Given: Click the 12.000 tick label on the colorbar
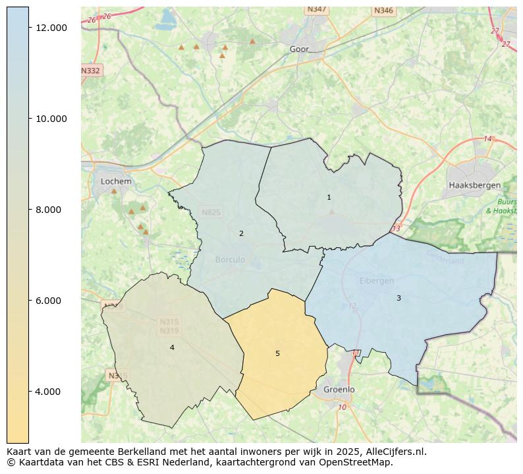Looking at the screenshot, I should click(51, 28).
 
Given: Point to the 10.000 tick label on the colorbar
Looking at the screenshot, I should click(51, 119).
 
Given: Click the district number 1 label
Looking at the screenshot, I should click(329, 197).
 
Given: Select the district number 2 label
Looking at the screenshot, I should click(241, 233).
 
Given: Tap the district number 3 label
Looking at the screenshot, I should click(399, 298).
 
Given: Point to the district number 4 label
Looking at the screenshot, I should click(172, 347).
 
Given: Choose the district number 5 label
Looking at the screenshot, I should click(277, 353).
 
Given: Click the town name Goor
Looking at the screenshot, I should click(299, 49).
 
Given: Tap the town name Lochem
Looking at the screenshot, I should click(116, 181).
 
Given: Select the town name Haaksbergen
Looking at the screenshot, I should click(474, 185).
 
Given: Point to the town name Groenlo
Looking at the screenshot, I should click(339, 390).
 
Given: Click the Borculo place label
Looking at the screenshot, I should click(230, 260).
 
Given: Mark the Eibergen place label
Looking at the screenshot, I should click(376, 281).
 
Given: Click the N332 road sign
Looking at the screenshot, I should click(91, 71).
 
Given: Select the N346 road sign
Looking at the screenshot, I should click(383, 11).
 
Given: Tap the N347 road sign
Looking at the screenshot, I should click(317, 9).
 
